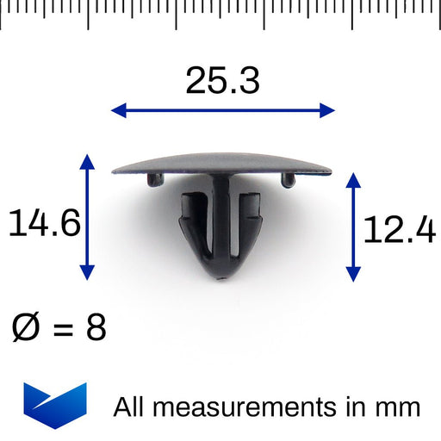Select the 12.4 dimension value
pyautogui.click(x=398, y=230)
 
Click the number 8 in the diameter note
pyautogui.click(x=96, y=328)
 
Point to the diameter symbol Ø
pyautogui.click(x=26, y=328)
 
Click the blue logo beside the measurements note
pyautogui.click(x=55, y=405)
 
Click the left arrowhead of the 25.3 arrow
pyautogui.click(x=117, y=109)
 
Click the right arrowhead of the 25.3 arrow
pyautogui.click(x=328, y=109)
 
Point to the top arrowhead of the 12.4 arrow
pyautogui.click(x=352, y=179)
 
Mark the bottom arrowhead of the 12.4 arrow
pyautogui.click(x=352, y=276)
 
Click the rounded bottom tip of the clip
pyautogui.click(x=220, y=274)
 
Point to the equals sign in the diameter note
pyautogui.click(x=60, y=329)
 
